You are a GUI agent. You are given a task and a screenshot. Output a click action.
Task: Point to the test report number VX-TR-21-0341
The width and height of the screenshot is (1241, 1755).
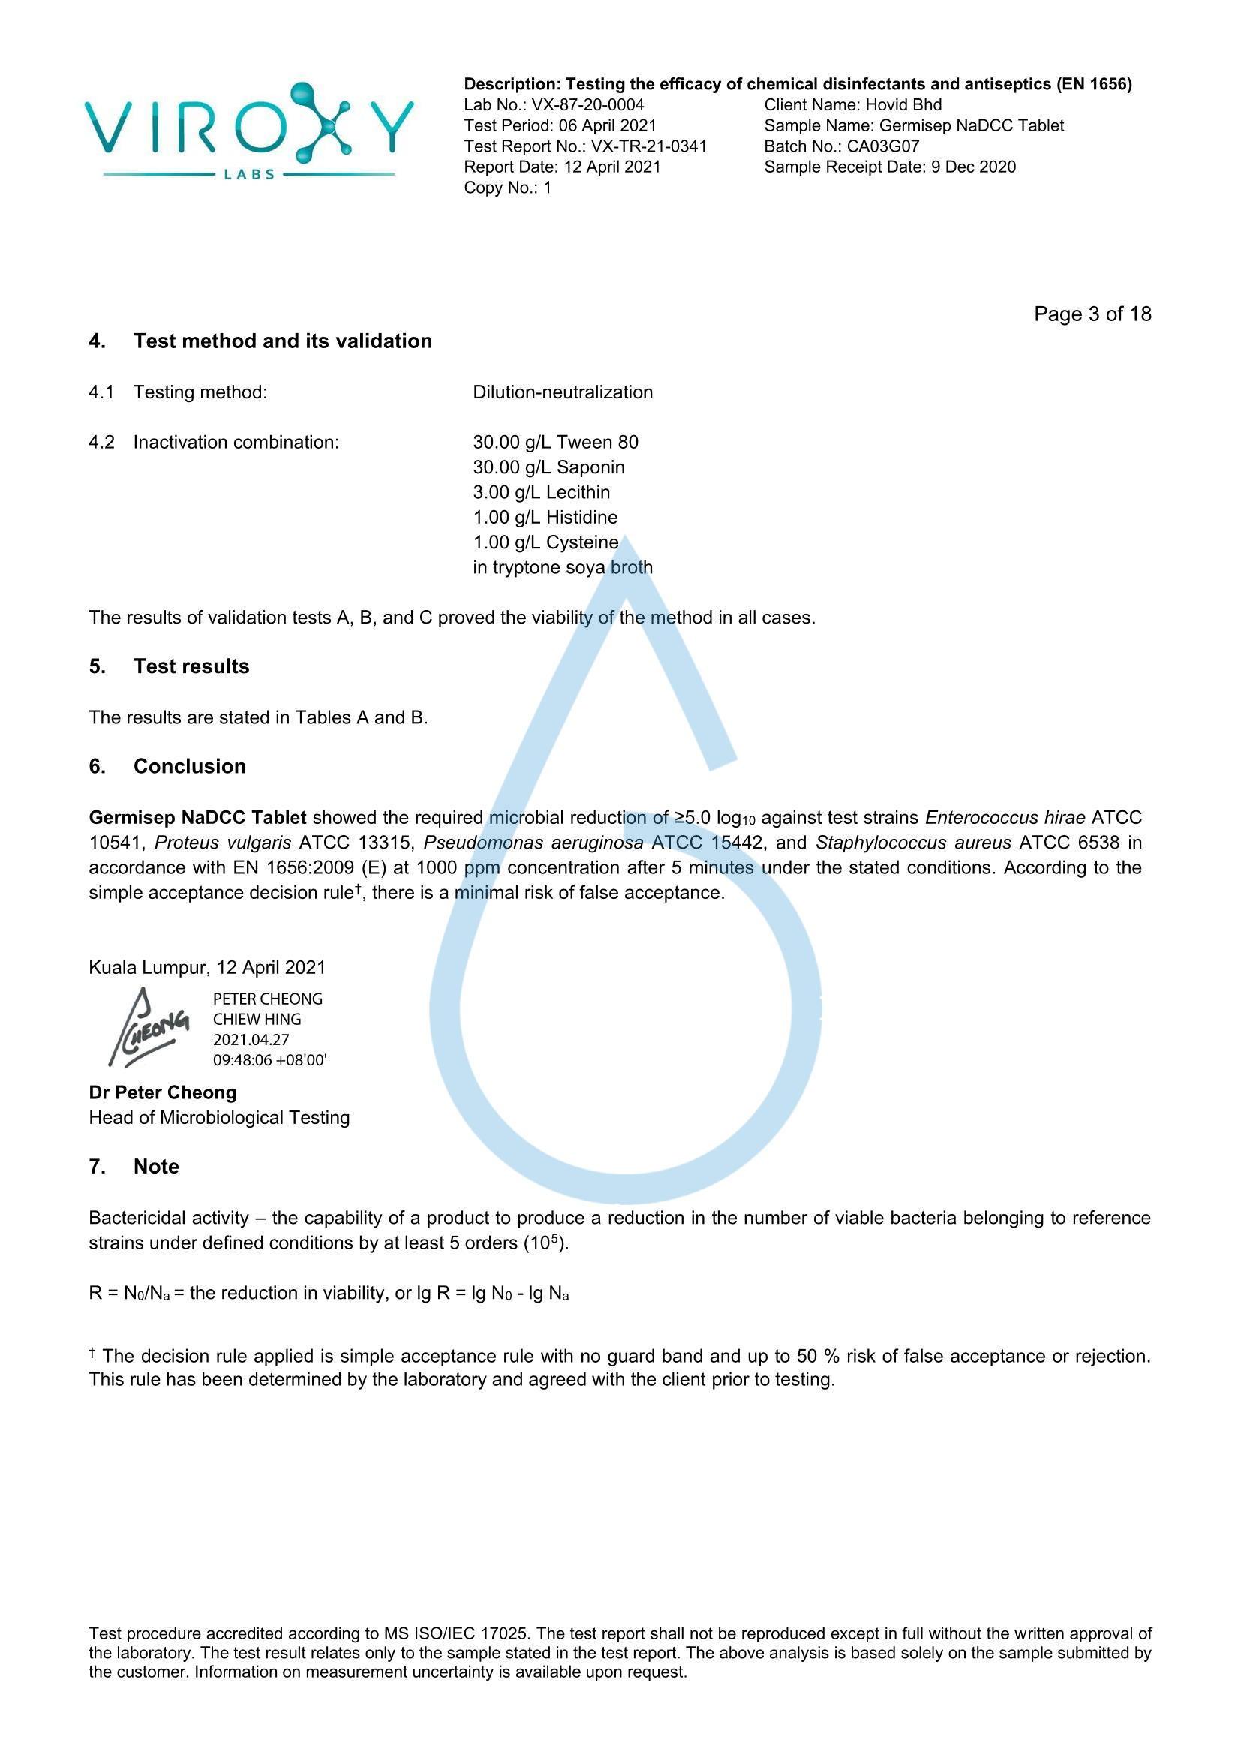(649, 146)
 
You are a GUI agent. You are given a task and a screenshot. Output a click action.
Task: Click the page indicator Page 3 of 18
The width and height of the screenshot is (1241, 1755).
(1092, 314)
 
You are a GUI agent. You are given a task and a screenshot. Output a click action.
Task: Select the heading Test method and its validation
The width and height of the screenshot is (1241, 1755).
(283, 341)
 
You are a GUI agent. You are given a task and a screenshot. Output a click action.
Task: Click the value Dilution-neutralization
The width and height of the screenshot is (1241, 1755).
(563, 392)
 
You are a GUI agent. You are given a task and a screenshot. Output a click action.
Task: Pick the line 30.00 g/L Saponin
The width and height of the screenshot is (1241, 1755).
(548, 467)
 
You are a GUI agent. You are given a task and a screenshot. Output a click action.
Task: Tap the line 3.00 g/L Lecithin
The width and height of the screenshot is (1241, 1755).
(541, 492)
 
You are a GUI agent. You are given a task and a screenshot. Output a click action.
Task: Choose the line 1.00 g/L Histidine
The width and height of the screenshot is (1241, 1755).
(545, 518)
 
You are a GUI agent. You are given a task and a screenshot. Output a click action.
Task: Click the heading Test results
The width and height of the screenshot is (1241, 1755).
(191, 666)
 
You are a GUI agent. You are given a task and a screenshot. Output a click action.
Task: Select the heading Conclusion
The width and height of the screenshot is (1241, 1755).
(190, 766)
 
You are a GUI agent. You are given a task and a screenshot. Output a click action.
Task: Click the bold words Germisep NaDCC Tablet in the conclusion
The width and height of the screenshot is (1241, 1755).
(197, 817)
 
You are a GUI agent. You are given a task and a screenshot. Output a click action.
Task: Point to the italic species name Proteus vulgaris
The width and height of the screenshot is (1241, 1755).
(222, 843)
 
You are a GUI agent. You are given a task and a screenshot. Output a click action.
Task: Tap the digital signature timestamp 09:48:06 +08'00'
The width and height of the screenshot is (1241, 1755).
(270, 1060)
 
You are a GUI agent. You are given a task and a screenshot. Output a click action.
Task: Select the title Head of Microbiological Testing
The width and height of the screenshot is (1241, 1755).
(219, 1117)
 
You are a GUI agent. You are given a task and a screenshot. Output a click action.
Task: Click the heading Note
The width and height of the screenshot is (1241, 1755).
(156, 1167)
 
